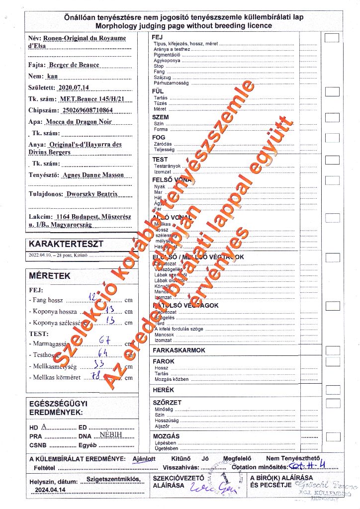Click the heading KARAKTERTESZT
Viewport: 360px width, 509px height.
point(66,244)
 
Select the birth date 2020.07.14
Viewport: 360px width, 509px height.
point(73,87)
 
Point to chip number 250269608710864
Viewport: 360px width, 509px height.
point(85,110)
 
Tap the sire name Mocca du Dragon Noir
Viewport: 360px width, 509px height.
point(79,122)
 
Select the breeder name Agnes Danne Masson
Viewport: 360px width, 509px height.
point(93,175)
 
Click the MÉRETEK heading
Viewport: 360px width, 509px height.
point(50,276)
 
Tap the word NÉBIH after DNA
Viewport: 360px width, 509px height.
point(110,434)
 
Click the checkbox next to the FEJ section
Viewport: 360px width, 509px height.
point(332,38)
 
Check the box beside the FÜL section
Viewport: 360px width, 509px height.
point(332,91)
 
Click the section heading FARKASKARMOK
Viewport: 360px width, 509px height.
point(179,350)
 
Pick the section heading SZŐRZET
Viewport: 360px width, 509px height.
point(167,403)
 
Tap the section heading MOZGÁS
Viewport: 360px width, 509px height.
point(166,436)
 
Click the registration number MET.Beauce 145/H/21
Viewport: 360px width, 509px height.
point(91,99)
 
